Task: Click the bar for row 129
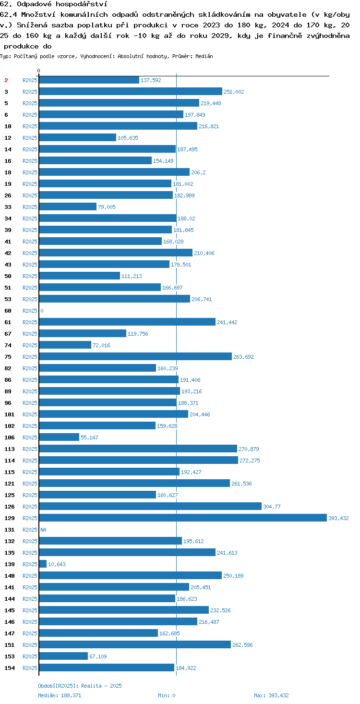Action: pyautogui.click(x=183, y=518)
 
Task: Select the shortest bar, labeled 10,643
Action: pyautogui.click(x=43, y=564)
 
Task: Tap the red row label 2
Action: pyautogui.click(x=6, y=80)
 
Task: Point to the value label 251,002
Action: pyautogui.click(x=234, y=92)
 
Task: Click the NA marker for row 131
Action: pyautogui.click(x=43, y=530)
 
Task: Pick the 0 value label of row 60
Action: pyautogui.click(x=42, y=311)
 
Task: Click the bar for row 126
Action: pyautogui.click(x=150, y=506)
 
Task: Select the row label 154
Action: pyautogui.click(x=10, y=668)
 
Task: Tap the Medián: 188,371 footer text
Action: pyautogui.click(x=60, y=695)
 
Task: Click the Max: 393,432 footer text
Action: pyautogui.click(x=271, y=695)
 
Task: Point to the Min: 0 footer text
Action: pyautogui.click(x=167, y=695)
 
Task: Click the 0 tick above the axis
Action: pyautogui.click(x=38, y=71)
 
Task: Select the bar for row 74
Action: pyautogui.click(x=65, y=345)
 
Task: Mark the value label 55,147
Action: pyautogui.click(x=89, y=437)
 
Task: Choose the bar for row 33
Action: pyautogui.click(x=68, y=206)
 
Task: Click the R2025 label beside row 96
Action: pyautogui.click(x=30, y=403)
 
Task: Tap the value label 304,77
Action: pyautogui.click(x=272, y=507)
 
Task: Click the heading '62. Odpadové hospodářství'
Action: pyautogui.click(x=54, y=4)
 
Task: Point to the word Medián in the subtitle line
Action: pyautogui.click(x=204, y=56)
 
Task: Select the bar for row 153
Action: pyautogui.click(x=63, y=656)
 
